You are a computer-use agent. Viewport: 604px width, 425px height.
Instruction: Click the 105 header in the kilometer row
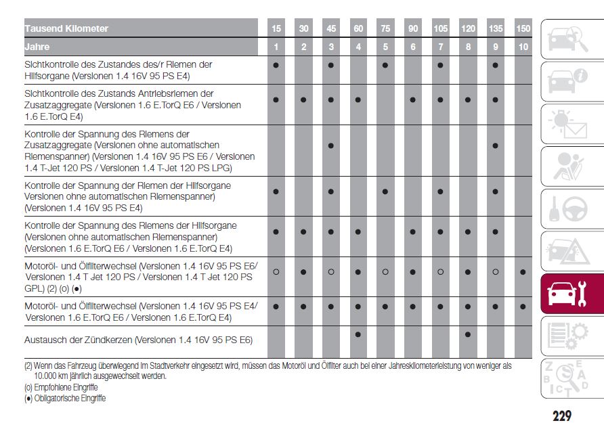[440, 28]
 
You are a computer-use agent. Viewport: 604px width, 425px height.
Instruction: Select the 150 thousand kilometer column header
[523, 28]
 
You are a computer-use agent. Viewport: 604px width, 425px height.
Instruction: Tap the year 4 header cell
[358, 47]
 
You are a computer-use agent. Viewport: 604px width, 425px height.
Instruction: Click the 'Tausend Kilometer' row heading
[66, 28]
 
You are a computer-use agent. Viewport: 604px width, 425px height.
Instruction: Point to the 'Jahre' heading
[37, 47]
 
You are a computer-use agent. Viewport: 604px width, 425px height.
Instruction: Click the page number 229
[561, 415]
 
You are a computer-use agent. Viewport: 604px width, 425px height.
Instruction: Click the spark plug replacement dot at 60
[358, 334]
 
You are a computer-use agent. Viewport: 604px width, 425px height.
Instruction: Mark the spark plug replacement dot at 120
[468, 334]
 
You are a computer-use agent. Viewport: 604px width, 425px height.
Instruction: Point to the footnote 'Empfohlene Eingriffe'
[61, 387]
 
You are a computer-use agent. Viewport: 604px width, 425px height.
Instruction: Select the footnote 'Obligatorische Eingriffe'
[65, 399]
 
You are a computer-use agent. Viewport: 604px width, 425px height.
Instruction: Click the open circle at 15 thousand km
[276, 272]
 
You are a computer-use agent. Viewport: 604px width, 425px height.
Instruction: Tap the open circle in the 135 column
[496, 272]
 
